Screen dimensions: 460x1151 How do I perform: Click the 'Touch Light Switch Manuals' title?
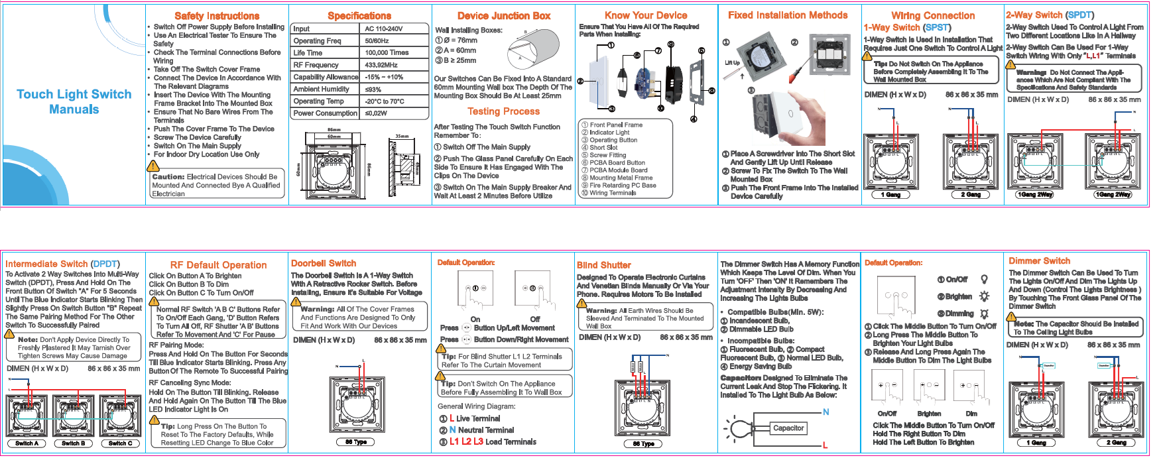point(74,101)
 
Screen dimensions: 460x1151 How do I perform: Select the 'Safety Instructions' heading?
point(217,16)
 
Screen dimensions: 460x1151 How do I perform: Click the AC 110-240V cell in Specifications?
point(384,29)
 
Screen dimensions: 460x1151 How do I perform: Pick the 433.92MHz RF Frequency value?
point(381,65)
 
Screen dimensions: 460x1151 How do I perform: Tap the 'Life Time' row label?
point(308,53)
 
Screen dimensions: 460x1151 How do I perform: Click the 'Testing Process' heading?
point(503,111)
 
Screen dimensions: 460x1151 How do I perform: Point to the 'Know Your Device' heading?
point(646,15)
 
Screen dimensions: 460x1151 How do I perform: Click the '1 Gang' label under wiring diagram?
point(890,195)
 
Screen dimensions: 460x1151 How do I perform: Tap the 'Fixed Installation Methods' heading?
point(788,15)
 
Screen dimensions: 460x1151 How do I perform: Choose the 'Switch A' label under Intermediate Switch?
point(27,443)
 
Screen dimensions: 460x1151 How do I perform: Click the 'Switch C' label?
point(121,443)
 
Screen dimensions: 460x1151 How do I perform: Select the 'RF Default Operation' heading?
point(218,265)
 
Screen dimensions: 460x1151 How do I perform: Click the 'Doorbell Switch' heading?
point(324,263)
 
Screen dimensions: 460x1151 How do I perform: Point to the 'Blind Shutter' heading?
point(604,265)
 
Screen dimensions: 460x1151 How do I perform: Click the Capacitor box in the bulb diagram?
point(788,428)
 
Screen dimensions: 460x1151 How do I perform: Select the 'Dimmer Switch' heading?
point(1039,261)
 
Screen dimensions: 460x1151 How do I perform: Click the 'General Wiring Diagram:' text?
point(476,406)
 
